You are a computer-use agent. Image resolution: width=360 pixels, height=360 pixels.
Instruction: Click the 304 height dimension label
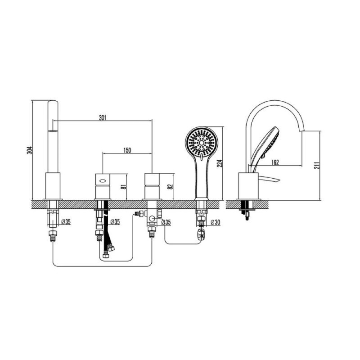pos(30,150)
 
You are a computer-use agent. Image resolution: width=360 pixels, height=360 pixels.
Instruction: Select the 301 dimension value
pos(103,118)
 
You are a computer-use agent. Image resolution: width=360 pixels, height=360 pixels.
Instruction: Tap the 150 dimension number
pos(127,150)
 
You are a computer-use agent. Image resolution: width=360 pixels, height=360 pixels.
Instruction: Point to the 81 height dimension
pos(124,186)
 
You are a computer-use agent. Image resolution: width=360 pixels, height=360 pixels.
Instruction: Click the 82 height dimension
pos(170,186)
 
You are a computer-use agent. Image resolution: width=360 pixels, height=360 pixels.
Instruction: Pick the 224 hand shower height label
pos(220,163)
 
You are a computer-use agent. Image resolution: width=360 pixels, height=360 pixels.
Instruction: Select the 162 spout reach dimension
pos(275,162)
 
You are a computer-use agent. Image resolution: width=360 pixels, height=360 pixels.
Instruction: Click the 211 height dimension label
pos(317,165)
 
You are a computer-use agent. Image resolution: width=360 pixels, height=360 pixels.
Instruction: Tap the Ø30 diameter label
pos(215,222)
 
